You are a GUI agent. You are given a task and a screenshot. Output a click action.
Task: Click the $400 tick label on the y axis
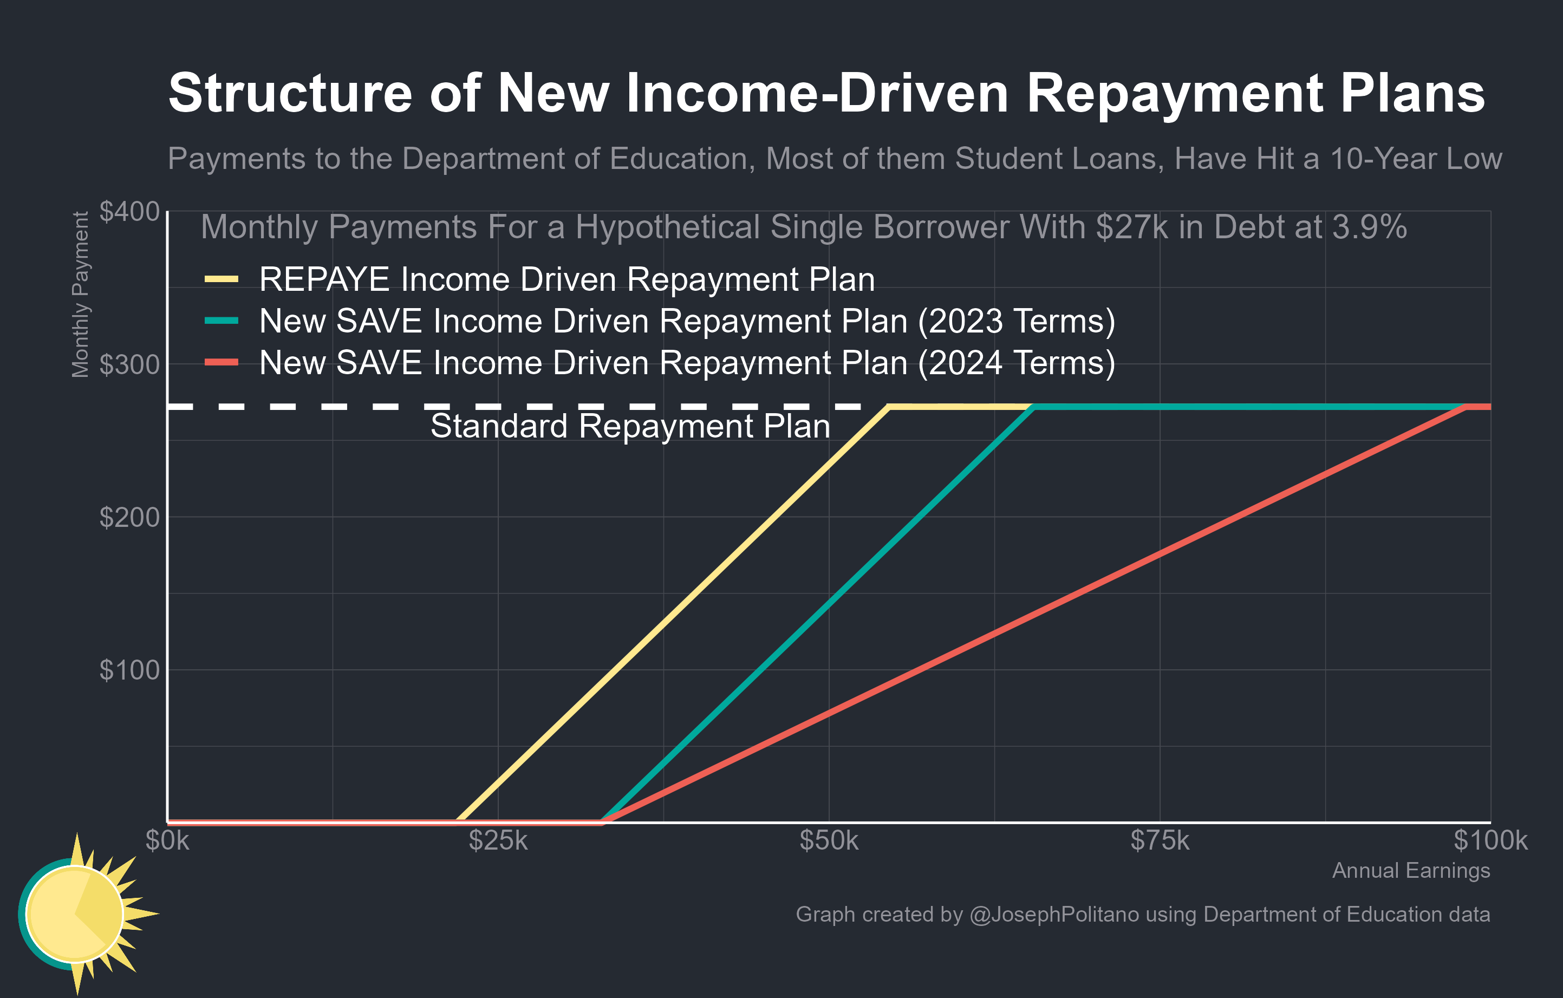(x=129, y=212)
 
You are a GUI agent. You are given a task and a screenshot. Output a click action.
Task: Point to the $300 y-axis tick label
(x=129, y=364)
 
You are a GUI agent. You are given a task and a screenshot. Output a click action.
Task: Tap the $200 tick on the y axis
(x=129, y=517)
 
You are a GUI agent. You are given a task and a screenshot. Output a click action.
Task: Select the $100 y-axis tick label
(x=129, y=670)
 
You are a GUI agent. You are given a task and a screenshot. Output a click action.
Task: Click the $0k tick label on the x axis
(x=167, y=840)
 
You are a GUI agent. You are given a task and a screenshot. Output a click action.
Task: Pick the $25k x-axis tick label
(x=498, y=840)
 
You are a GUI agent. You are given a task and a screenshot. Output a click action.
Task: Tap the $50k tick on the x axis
(x=829, y=840)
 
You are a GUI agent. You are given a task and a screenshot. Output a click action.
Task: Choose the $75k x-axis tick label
(x=1160, y=840)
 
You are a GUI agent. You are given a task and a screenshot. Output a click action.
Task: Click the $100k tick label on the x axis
(x=1490, y=840)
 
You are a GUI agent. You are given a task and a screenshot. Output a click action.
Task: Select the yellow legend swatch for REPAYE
(x=222, y=279)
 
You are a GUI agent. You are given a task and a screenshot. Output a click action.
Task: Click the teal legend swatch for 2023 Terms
(x=222, y=321)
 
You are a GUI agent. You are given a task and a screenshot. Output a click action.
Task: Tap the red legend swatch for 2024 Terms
(x=222, y=363)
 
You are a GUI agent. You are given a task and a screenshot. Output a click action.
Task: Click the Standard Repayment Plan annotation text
(x=630, y=426)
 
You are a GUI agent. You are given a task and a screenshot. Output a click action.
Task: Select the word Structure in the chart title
(x=290, y=94)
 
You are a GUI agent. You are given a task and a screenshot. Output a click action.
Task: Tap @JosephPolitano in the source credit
(x=1054, y=914)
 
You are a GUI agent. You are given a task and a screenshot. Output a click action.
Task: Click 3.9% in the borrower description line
(x=1369, y=227)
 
